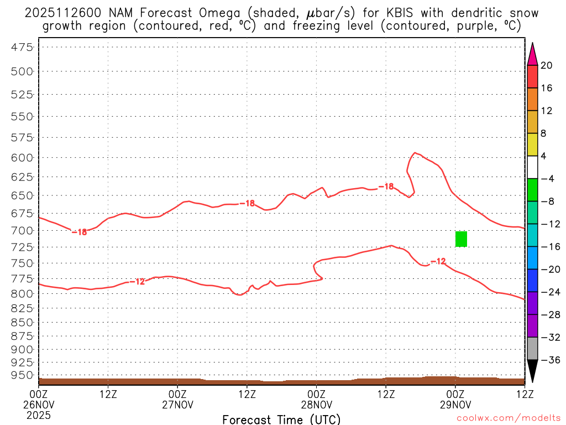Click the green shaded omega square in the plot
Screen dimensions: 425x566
point(461,239)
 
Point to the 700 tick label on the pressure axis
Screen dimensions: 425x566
point(23,230)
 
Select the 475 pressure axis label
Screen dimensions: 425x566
point(23,48)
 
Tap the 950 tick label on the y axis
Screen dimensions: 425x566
point(23,375)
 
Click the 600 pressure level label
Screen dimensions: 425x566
point(23,158)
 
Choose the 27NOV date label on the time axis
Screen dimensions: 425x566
point(177,405)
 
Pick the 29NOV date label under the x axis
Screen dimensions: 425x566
point(455,405)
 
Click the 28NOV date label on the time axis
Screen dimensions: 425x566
point(316,405)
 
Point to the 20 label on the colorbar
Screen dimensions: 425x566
point(547,65)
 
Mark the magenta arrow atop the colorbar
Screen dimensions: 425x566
point(532,54)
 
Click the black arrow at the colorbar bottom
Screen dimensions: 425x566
point(532,371)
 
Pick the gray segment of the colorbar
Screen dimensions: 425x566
point(532,349)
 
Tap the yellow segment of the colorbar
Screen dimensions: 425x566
point(532,144)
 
